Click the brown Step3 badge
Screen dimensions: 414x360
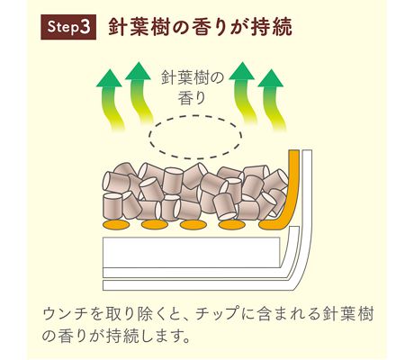(x=68, y=27)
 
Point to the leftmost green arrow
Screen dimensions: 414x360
(x=112, y=100)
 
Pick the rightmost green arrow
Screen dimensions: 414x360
(x=272, y=100)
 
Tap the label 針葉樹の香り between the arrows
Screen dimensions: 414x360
(x=193, y=87)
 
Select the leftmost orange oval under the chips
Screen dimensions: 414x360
(x=116, y=224)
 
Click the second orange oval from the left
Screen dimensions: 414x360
(x=155, y=224)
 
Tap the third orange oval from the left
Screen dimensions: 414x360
(x=193, y=224)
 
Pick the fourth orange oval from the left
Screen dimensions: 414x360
(x=232, y=224)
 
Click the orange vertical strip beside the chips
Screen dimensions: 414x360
(x=293, y=186)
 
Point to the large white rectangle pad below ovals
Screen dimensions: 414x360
(x=192, y=252)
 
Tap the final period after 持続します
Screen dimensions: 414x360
(x=186, y=340)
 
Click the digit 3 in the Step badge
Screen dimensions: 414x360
(x=85, y=27)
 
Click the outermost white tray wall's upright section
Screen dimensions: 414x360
(x=308, y=210)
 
